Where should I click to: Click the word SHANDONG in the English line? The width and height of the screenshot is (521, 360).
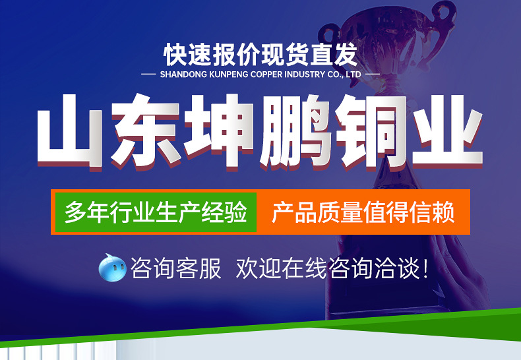coord(183,75)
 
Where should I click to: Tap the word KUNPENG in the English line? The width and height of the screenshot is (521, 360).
coord(229,75)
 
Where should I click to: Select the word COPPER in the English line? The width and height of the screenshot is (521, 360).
coord(266,75)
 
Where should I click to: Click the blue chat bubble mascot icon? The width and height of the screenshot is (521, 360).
coord(112,268)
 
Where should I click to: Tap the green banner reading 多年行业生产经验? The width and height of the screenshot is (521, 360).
coord(156,212)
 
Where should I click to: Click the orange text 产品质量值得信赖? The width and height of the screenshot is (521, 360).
coord(363,212)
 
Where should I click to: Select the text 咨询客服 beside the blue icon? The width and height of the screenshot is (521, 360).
coord(176,268)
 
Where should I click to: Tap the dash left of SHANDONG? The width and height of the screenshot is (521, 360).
coord(148,74)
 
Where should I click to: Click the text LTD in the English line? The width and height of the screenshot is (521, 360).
coord(353,75)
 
